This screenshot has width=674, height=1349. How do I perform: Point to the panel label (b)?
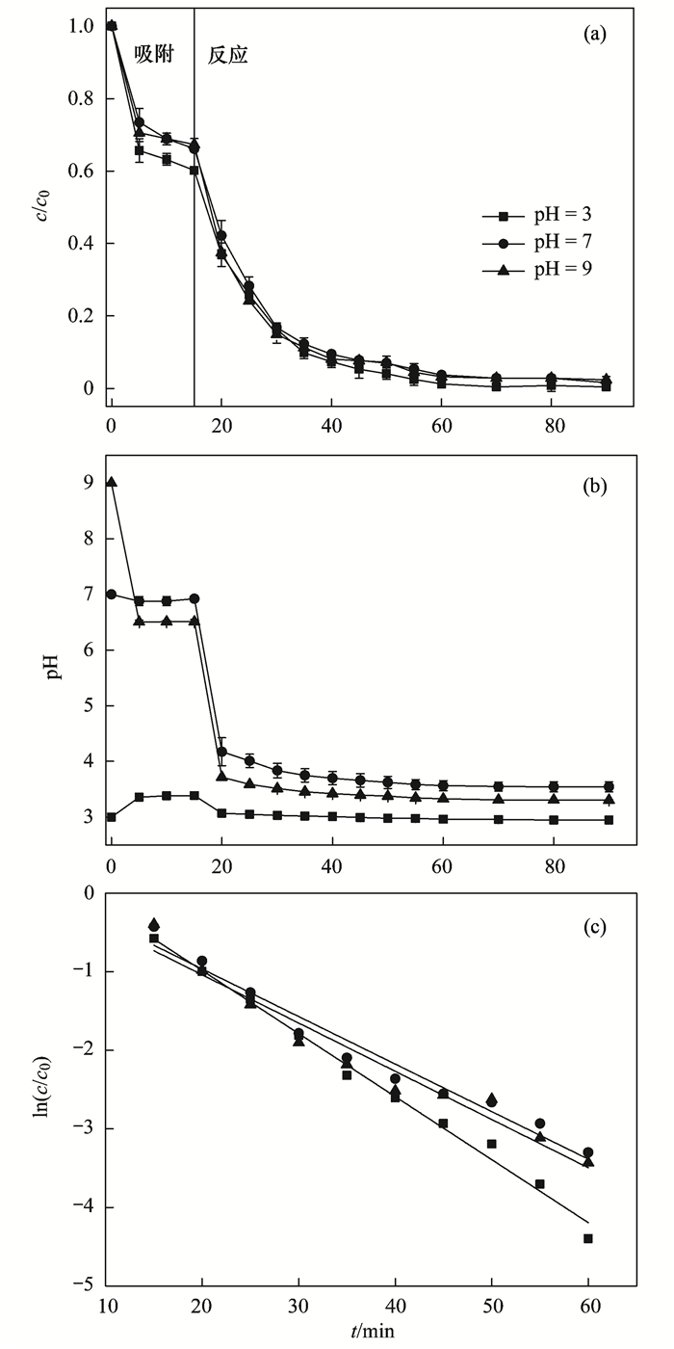[x=594, y=487]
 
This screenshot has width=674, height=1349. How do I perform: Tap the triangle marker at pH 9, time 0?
[x=112, y=482]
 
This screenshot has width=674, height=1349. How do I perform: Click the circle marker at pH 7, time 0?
[x=112, y=595]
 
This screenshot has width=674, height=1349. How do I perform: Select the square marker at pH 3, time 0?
[x=112, y=817]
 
